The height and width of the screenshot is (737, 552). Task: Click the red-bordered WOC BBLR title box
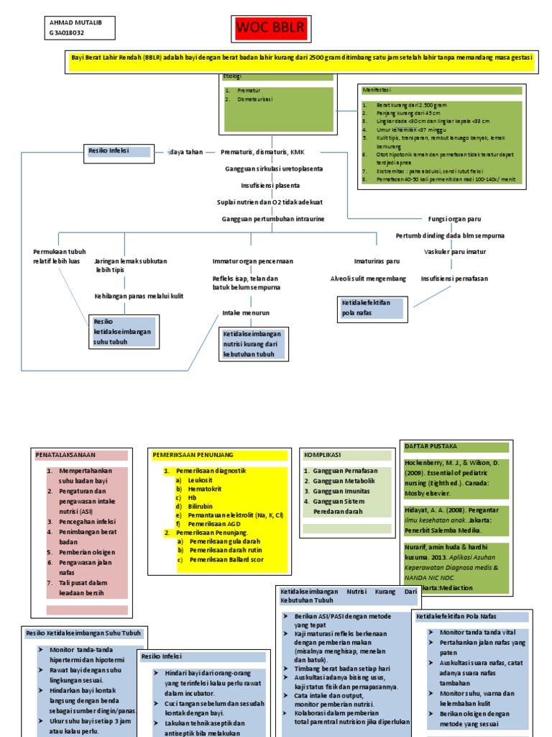pos(271,28)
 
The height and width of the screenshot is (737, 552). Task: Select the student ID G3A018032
pos(67,33)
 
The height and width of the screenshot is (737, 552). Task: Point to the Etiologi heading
pos(234,76)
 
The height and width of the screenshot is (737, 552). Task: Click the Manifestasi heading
pos(377,90)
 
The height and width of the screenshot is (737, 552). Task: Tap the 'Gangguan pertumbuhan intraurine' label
pos(272,218)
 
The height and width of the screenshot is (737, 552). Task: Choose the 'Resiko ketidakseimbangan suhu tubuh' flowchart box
pos(121,331)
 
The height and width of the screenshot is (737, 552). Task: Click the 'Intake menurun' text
pos(246,313)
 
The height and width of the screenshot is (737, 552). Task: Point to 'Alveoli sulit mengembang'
pos(368,278)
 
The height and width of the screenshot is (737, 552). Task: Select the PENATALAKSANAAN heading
pos(66,455)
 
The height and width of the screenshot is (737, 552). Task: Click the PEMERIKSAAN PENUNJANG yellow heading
pos(193,455)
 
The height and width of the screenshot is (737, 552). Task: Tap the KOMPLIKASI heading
pos(321,455)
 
